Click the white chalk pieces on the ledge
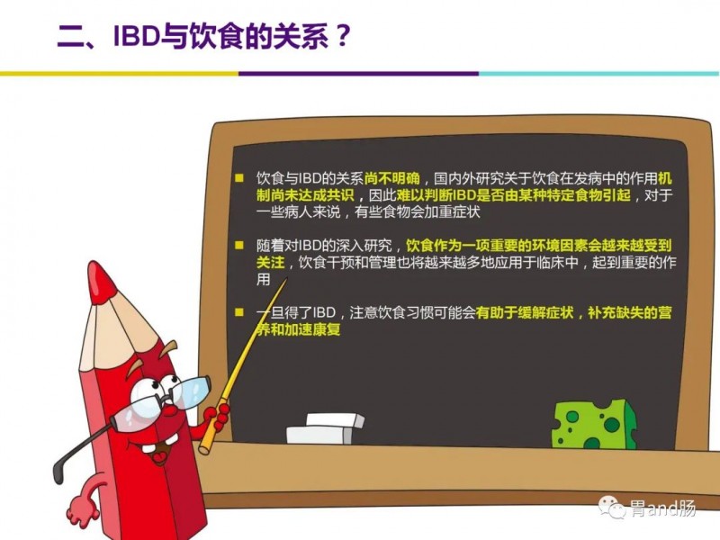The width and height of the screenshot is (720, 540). tap(326, 428)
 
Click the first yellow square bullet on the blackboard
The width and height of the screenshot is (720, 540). tap(239, 178)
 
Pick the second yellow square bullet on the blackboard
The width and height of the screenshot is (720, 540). tap(239, 245)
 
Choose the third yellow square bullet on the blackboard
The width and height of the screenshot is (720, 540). tap(239, 312)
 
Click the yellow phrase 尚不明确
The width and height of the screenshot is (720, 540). tap(391, 178)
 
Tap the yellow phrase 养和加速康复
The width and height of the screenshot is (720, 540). tap(299, 329)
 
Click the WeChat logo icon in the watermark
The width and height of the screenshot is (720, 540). tap(612, 507)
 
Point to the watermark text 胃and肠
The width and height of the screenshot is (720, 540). tap(662, 508)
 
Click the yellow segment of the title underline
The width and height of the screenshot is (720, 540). tap(120, 74)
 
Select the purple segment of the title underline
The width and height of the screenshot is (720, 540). tap(358, 74)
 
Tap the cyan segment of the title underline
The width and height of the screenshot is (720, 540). tap(599, 74)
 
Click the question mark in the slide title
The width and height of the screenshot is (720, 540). tap(343, 35)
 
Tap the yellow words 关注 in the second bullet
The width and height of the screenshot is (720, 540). tap(271, 263)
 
